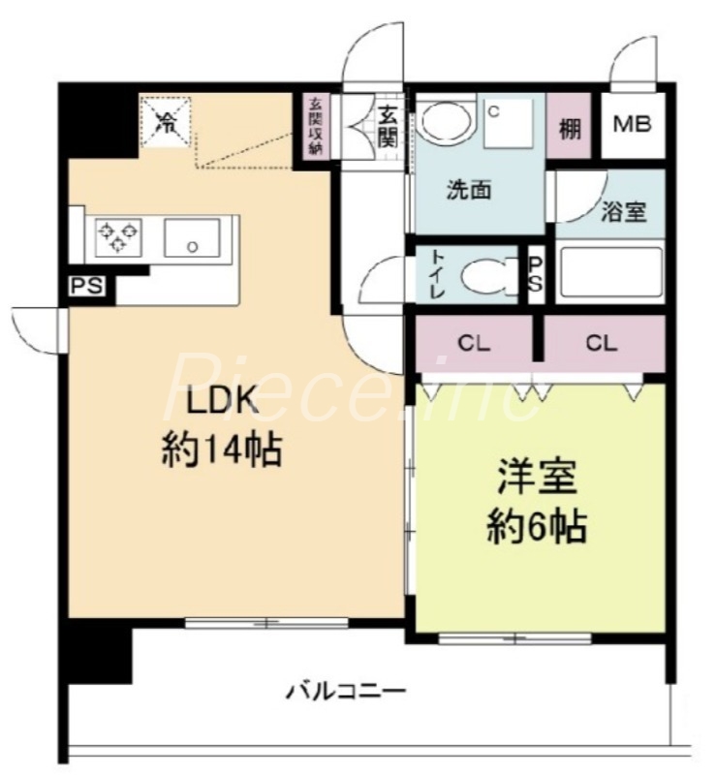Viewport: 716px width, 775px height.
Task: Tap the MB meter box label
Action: point(634,125)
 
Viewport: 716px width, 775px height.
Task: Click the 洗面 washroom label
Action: point(469,190)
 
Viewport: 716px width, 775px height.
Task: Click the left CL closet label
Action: point(474,342)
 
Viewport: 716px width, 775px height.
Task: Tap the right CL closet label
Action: point(601,342)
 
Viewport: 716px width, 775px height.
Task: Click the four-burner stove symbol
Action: point(117,235)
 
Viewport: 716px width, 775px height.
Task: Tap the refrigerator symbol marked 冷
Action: point(167,122)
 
